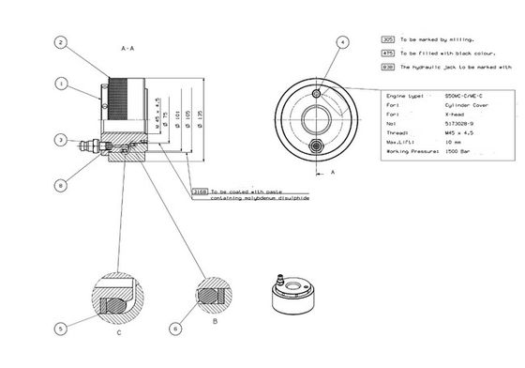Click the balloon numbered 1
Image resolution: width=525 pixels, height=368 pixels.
pyautogui.click(x=59, y=84)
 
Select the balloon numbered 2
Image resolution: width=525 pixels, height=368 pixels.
pyautogui.click(x=59, y=42)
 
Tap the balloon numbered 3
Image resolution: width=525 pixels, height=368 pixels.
pyautogui.click(x=59, y=140)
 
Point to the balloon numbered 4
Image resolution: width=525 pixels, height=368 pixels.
pyautogui.click(x=342, y=43)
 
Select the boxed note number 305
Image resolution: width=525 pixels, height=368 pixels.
pyautogui.click(x=388, y=41)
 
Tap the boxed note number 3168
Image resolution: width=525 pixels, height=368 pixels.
pyautogui.click(x=198, y=191)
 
